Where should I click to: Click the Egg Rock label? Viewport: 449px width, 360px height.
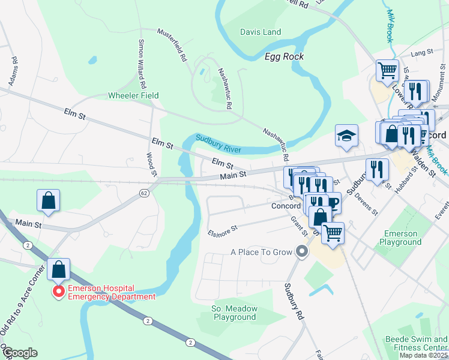284,56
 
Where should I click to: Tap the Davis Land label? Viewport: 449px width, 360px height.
261,32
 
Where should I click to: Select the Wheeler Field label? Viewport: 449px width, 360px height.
133,95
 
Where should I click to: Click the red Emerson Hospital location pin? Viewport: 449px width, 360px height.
59,292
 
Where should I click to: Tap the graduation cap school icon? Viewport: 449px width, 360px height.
346,136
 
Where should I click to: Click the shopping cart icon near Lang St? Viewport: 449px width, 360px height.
387,70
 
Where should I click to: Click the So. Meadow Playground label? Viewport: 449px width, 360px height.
235,313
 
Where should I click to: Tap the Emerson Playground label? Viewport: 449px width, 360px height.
400,238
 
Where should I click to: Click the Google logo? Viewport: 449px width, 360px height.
19,353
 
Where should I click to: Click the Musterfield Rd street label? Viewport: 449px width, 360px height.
174,46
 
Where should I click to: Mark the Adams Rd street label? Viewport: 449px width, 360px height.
14,70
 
